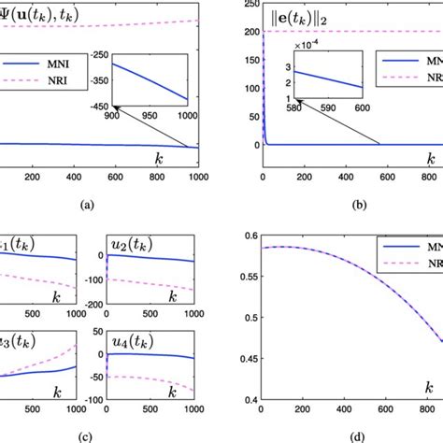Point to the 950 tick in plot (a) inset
(x=151, y=141)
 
